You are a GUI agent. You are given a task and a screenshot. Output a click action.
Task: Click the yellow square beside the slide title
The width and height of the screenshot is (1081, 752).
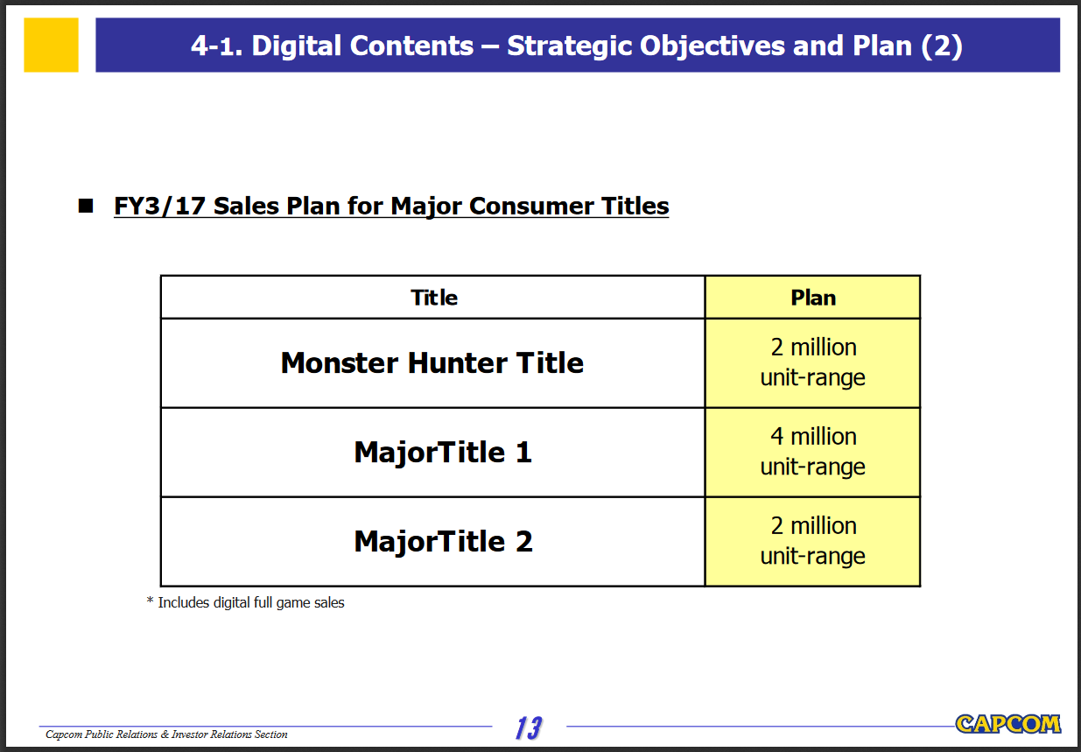coord(51,45)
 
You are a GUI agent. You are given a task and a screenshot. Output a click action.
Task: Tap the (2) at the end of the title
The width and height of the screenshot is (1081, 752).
coord(942,46)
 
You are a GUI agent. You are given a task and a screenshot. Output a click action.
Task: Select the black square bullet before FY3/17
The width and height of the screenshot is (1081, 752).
coord(86,206)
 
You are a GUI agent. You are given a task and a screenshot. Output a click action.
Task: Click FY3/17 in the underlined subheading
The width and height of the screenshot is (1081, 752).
coord(159,206)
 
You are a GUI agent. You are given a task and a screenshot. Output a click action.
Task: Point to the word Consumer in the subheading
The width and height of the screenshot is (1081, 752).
coord(530,206)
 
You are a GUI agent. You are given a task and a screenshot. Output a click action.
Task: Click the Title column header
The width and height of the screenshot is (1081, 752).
coord(434,298)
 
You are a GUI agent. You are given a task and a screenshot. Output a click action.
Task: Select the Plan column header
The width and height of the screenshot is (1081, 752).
coord(812,298)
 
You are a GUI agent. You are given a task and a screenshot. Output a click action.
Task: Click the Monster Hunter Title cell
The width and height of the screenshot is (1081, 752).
coord(432,363)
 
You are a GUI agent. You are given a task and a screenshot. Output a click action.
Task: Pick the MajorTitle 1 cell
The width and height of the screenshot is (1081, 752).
coord(432,453)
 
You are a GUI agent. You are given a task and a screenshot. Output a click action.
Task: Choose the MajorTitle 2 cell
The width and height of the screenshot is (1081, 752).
coord(432,542)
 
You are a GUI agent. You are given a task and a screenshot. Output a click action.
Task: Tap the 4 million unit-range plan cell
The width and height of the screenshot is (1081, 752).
coord(812,453)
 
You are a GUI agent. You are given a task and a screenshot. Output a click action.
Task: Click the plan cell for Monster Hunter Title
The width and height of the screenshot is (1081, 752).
coord(812,363)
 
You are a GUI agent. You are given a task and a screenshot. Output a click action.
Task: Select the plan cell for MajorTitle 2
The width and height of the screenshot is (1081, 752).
coord(812,542)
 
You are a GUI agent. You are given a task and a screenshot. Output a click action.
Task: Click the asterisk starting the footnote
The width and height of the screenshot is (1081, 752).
coord(150,601)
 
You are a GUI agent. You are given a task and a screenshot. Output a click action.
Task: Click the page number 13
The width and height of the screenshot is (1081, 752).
coord(529,727)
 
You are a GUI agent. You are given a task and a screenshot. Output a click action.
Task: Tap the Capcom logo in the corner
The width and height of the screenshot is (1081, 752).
coord(1008,724)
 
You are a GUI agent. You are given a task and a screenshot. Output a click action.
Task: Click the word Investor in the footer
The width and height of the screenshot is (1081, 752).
coord(189,734)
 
